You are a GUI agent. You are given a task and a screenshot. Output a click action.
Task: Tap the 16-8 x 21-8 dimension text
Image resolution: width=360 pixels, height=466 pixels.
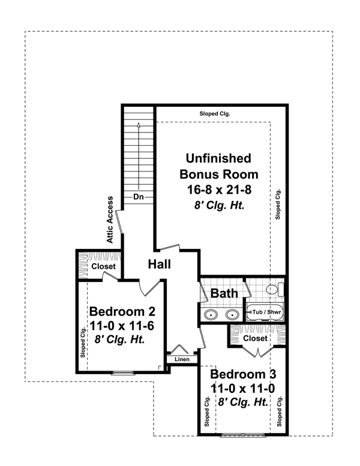[x=218, y=190]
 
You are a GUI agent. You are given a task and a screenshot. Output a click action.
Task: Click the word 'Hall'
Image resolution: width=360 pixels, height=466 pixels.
[x=160, y=264]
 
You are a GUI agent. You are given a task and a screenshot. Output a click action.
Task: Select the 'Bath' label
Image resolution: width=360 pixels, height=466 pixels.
[x=223, y=293]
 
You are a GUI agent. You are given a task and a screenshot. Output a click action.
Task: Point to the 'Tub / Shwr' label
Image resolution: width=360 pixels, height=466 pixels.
[x=265, y=312]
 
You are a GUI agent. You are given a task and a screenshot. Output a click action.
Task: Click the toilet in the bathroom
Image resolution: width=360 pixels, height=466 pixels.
[x=273, y=290]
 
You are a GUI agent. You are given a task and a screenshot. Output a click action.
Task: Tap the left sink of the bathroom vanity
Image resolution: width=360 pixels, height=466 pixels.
[x=211, y=314]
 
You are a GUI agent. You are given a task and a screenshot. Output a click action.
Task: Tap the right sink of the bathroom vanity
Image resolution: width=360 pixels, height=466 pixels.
[x=232, y=314]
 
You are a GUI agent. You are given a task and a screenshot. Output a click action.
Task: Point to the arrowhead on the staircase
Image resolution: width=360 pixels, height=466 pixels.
[x=139, y=125]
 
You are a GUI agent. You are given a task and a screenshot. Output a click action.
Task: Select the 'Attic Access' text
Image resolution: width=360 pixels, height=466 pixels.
[x=110, y=219]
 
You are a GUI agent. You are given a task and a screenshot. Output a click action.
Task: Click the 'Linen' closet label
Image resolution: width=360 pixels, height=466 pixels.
[x=182, y=359]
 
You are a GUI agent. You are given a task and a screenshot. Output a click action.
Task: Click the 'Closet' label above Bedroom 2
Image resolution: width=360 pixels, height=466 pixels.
[x=103, y=266]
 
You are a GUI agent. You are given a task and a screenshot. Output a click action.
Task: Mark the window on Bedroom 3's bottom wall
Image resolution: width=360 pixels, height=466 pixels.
[x=242, y=434]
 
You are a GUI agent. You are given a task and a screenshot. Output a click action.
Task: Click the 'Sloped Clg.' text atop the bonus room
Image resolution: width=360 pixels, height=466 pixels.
[x=215, y=113]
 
